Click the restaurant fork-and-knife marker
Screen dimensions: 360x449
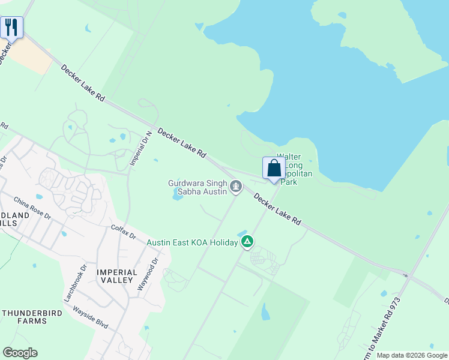click(x=11, y=27)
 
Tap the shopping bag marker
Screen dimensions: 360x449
click(x=274, y=168)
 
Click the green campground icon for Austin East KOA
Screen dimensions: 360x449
click(x=247, y=242)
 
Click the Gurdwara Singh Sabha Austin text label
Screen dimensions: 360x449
click(x=197, y=187)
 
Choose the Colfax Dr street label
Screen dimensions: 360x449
click(x=125, y=232)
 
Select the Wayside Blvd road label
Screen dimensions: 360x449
click(x=90, y=317)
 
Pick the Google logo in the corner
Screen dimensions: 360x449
click(x=20, y=353)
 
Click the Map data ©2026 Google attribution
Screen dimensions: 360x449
click(x=412, y=355)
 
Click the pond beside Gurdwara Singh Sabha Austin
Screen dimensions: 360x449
click(x=179, y=194)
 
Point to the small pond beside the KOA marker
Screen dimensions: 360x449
click(x=243, y=233)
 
